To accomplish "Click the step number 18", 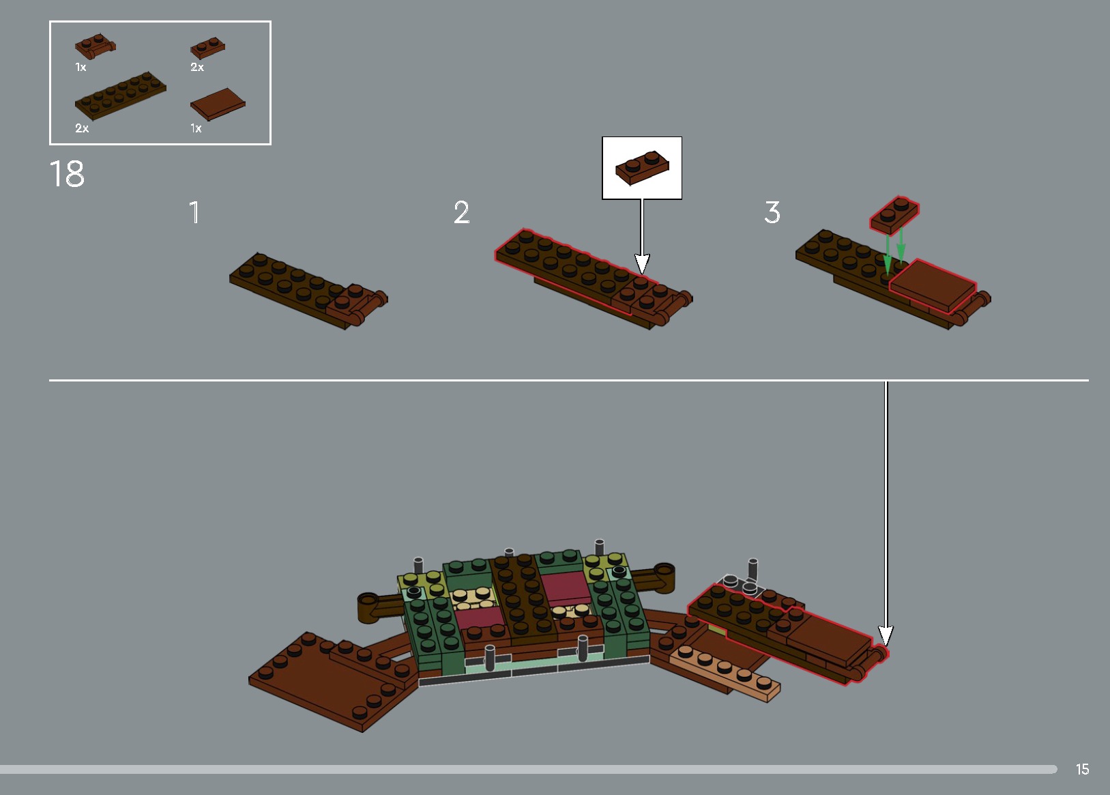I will pyautogui.click(x=67, y=174).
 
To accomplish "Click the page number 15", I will pyautogui.click(x=1082, y=769).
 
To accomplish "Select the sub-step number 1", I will pyautogui.click(x=194, y=212).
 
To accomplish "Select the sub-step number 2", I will pyautogui.click(x=461, y=212).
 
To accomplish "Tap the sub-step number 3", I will pyautogui.click(x=772, y=212).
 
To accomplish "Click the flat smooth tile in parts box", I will pyautogui.click(x=218, y=104).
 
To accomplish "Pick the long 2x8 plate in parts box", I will pyautogui.click(x=120, y=96).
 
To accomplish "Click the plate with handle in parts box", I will pyautogui.click(x=94, y=47).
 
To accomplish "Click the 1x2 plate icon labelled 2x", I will pyautogui.click(x=207, y=48).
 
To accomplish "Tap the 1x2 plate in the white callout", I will pyautogui.click(x=641, y=167).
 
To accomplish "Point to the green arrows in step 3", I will pyautogui.click(x=894, y=249).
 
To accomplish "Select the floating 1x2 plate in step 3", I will pyautogui.click(x=894, y=214).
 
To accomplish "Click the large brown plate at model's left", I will pyautogui.click(x=327, y=682).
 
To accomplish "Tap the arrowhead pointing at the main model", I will pyautogui.click(x=886, y=635).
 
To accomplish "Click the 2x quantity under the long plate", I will pyautogui.click(x=82, y=128).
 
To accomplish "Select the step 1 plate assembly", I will pyautogui.click(x=307, y=290).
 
